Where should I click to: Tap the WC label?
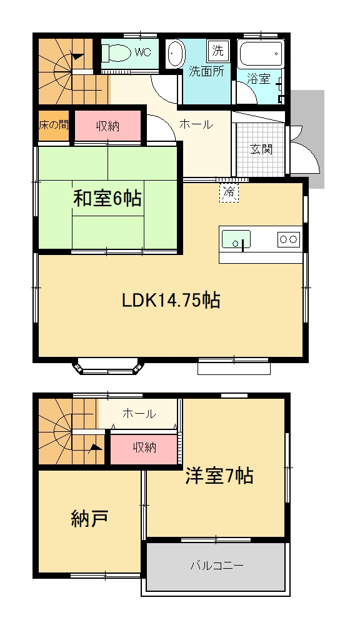(x=143, y=52)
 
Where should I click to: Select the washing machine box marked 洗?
(x=218, y=51)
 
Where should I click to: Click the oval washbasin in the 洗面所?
(x=176, y=54)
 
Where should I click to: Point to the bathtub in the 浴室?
(x=261, y=54)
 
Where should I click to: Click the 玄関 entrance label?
(x=261, y=149)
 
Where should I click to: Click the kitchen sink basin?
(x=236, y=239)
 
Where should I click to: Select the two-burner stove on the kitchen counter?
(x=289, y=239)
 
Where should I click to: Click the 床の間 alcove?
(x=54, y=125)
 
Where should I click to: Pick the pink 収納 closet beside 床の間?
(x=107, y=126)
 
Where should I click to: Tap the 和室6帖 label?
(x=107, y=199)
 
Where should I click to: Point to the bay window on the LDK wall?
(x=108, y=366)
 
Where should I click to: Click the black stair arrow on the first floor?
(x=77, y=57)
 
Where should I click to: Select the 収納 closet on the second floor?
(x=144, y=448)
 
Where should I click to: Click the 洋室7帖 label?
(x=219, y=476)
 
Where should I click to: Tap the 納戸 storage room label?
(x=89, y=519)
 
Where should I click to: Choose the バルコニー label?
(x=217, y=566)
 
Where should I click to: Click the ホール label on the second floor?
(x=139, y=414)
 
